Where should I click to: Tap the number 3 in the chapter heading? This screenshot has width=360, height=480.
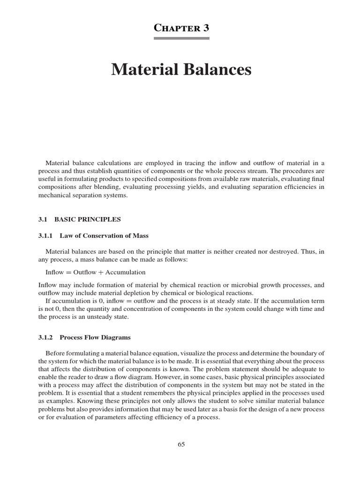point(206,28)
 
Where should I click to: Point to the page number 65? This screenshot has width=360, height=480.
point(181,445)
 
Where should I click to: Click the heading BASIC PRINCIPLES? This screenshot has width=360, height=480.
point(88,219)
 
